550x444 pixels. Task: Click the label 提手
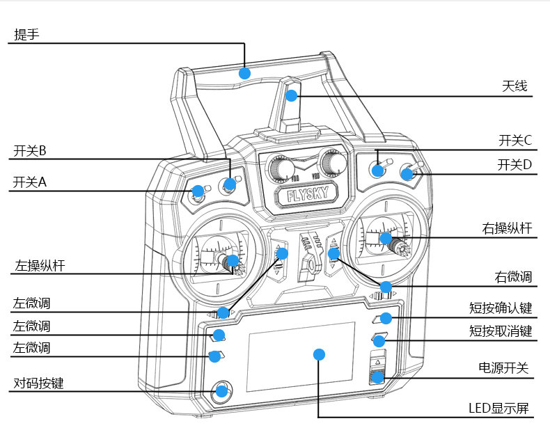click(26, 34)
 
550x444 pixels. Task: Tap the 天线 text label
click(515, 86)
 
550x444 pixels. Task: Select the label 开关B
click(29, 150)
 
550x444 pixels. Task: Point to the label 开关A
click(29, 182)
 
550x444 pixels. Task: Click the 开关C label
click(515, 140)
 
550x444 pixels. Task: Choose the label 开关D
click(515, 165)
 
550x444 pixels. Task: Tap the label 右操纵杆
click(507, 228)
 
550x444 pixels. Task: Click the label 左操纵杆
click(39, 265)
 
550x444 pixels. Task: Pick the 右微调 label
click(513, 277)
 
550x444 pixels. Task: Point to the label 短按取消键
click(501, 331)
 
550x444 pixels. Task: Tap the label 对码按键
click(38, 383)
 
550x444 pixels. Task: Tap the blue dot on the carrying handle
click(244, 72)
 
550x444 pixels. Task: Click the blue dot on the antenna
click(291, 95)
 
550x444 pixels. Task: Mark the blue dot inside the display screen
click(319, 354)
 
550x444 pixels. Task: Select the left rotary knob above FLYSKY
click(281, 168)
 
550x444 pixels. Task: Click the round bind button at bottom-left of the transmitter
click(221, 390)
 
